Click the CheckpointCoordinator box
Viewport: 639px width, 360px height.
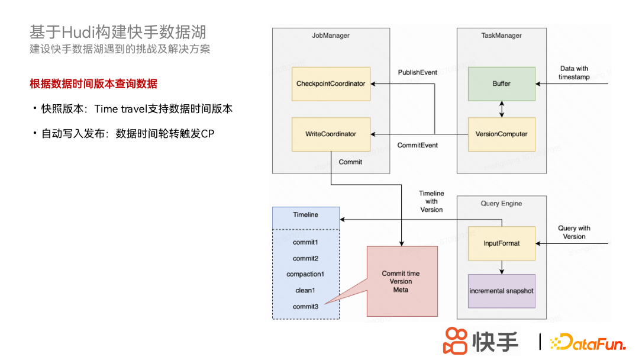(x=331, y=83)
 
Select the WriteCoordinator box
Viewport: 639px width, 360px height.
(x=331, y=134)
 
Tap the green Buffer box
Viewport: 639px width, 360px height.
(x=501, y=83)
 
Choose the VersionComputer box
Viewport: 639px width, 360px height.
(x=501, y=134)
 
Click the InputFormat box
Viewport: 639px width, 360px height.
(x=501, y=243)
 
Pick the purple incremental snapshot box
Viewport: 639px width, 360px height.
(x=501, y=291)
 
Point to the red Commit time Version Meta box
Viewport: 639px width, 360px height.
(x=402, y=281)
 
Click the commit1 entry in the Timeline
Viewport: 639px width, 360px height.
(x=305, y=242)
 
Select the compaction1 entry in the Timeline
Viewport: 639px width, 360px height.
(x=305, y=274)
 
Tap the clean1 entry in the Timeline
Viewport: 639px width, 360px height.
(x=305, y=290)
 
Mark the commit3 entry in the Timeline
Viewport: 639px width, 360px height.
(x=305, y=306)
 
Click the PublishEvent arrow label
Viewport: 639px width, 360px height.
(x=418, y=72)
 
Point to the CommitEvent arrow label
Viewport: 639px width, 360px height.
(x=418, y=145)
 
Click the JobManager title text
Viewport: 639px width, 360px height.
(x=331, y=36)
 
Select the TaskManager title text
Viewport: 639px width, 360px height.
(x=501, y=36)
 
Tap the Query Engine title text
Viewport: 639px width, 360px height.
(x=501, y=204)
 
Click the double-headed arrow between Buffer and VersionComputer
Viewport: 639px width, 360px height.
(x=502, y=109)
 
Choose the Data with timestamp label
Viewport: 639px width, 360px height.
(x=574, y=73)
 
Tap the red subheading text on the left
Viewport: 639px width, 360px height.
(x=93, y=83)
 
